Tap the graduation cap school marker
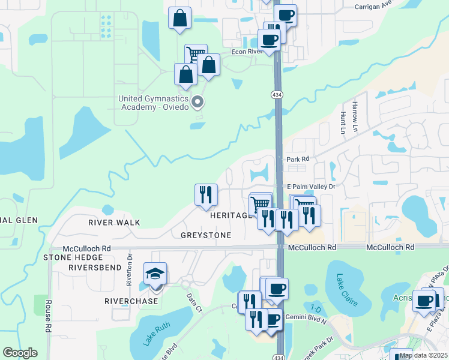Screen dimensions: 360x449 (x=155, y=275)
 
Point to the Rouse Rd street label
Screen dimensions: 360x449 (x=49, y=316)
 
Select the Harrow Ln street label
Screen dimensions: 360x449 (x=355, y=112)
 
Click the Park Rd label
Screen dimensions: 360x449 (x=297, y=159)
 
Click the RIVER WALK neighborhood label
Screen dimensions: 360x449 (x=114, y=223)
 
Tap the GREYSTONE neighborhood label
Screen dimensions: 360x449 (x=206, y=235)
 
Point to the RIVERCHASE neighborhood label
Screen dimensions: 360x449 (x=131, y=301)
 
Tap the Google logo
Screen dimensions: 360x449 (x=20, y=353)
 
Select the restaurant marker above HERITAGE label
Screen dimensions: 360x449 (x=206, y=194)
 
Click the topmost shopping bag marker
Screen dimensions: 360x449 (x=180, y=19)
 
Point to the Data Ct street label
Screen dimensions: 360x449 (x=192, y=298)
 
